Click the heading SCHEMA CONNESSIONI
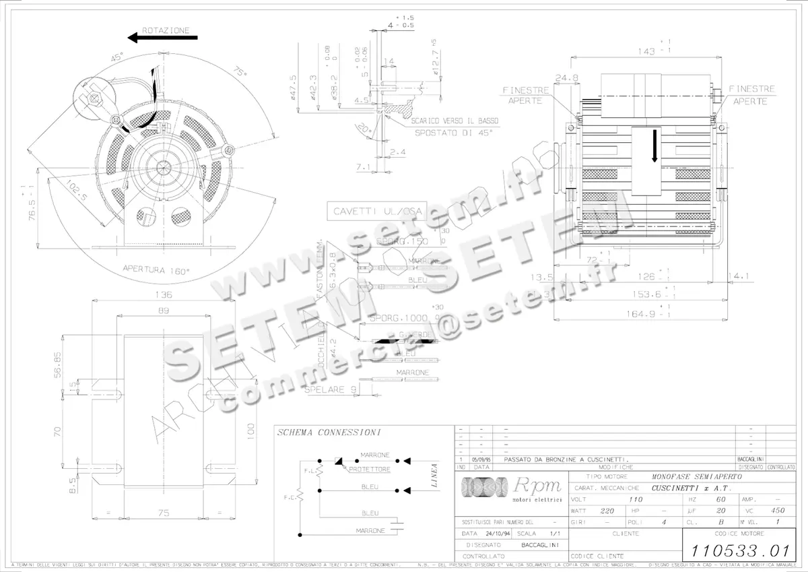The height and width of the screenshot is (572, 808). pyautogui.click(x=329, y=433)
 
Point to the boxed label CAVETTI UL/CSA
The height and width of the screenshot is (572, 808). pyautogui.click(x=378, y=211)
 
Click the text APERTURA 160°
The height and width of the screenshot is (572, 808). pyautogui.click(x=156, y=269)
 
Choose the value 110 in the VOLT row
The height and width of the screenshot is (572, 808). pyautogui.click(x=636, y=500)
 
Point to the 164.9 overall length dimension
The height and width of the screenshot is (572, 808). pyautogui.click(x=645, y=313)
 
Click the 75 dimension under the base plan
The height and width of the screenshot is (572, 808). pyautogui.click(x=164, y=513)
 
